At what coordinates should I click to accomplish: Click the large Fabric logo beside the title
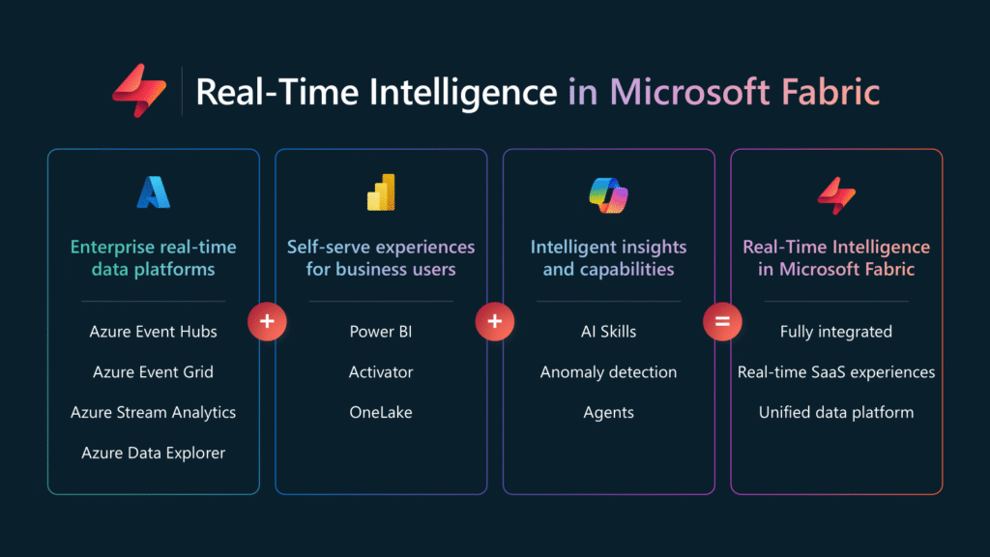[x=139, y=90]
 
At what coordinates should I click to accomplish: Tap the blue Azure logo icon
[x=154, y=192]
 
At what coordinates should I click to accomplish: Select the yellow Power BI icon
[x=381, y=192]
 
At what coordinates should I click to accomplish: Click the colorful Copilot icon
[x=609, y=195]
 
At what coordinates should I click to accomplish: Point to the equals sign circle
[x=722, y=321]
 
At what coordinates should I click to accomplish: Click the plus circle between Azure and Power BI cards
[x=267, y=321]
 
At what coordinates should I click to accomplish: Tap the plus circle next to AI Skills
[x=494, y=321]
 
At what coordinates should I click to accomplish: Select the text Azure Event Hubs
[x=154, y=332]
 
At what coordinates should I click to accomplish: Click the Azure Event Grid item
[x=154, y=372]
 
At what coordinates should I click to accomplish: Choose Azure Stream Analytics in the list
[x=154, y=412]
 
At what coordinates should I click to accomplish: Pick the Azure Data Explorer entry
[x=154, y=453]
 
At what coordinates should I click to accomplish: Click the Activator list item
[x=381, y=372]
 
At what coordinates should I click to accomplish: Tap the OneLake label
[x=381, y=412]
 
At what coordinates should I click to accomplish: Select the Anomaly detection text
[x=609, y=372]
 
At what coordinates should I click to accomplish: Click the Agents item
[x=609, y=413]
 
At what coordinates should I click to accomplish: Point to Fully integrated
[x=836, y=332]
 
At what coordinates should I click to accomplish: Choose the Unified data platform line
[x=836, y=412]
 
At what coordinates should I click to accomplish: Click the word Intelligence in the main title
[x=463, y=92]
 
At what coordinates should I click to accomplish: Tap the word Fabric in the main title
[x=830, y=92]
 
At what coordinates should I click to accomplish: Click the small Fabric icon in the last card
[x=836, y=195]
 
